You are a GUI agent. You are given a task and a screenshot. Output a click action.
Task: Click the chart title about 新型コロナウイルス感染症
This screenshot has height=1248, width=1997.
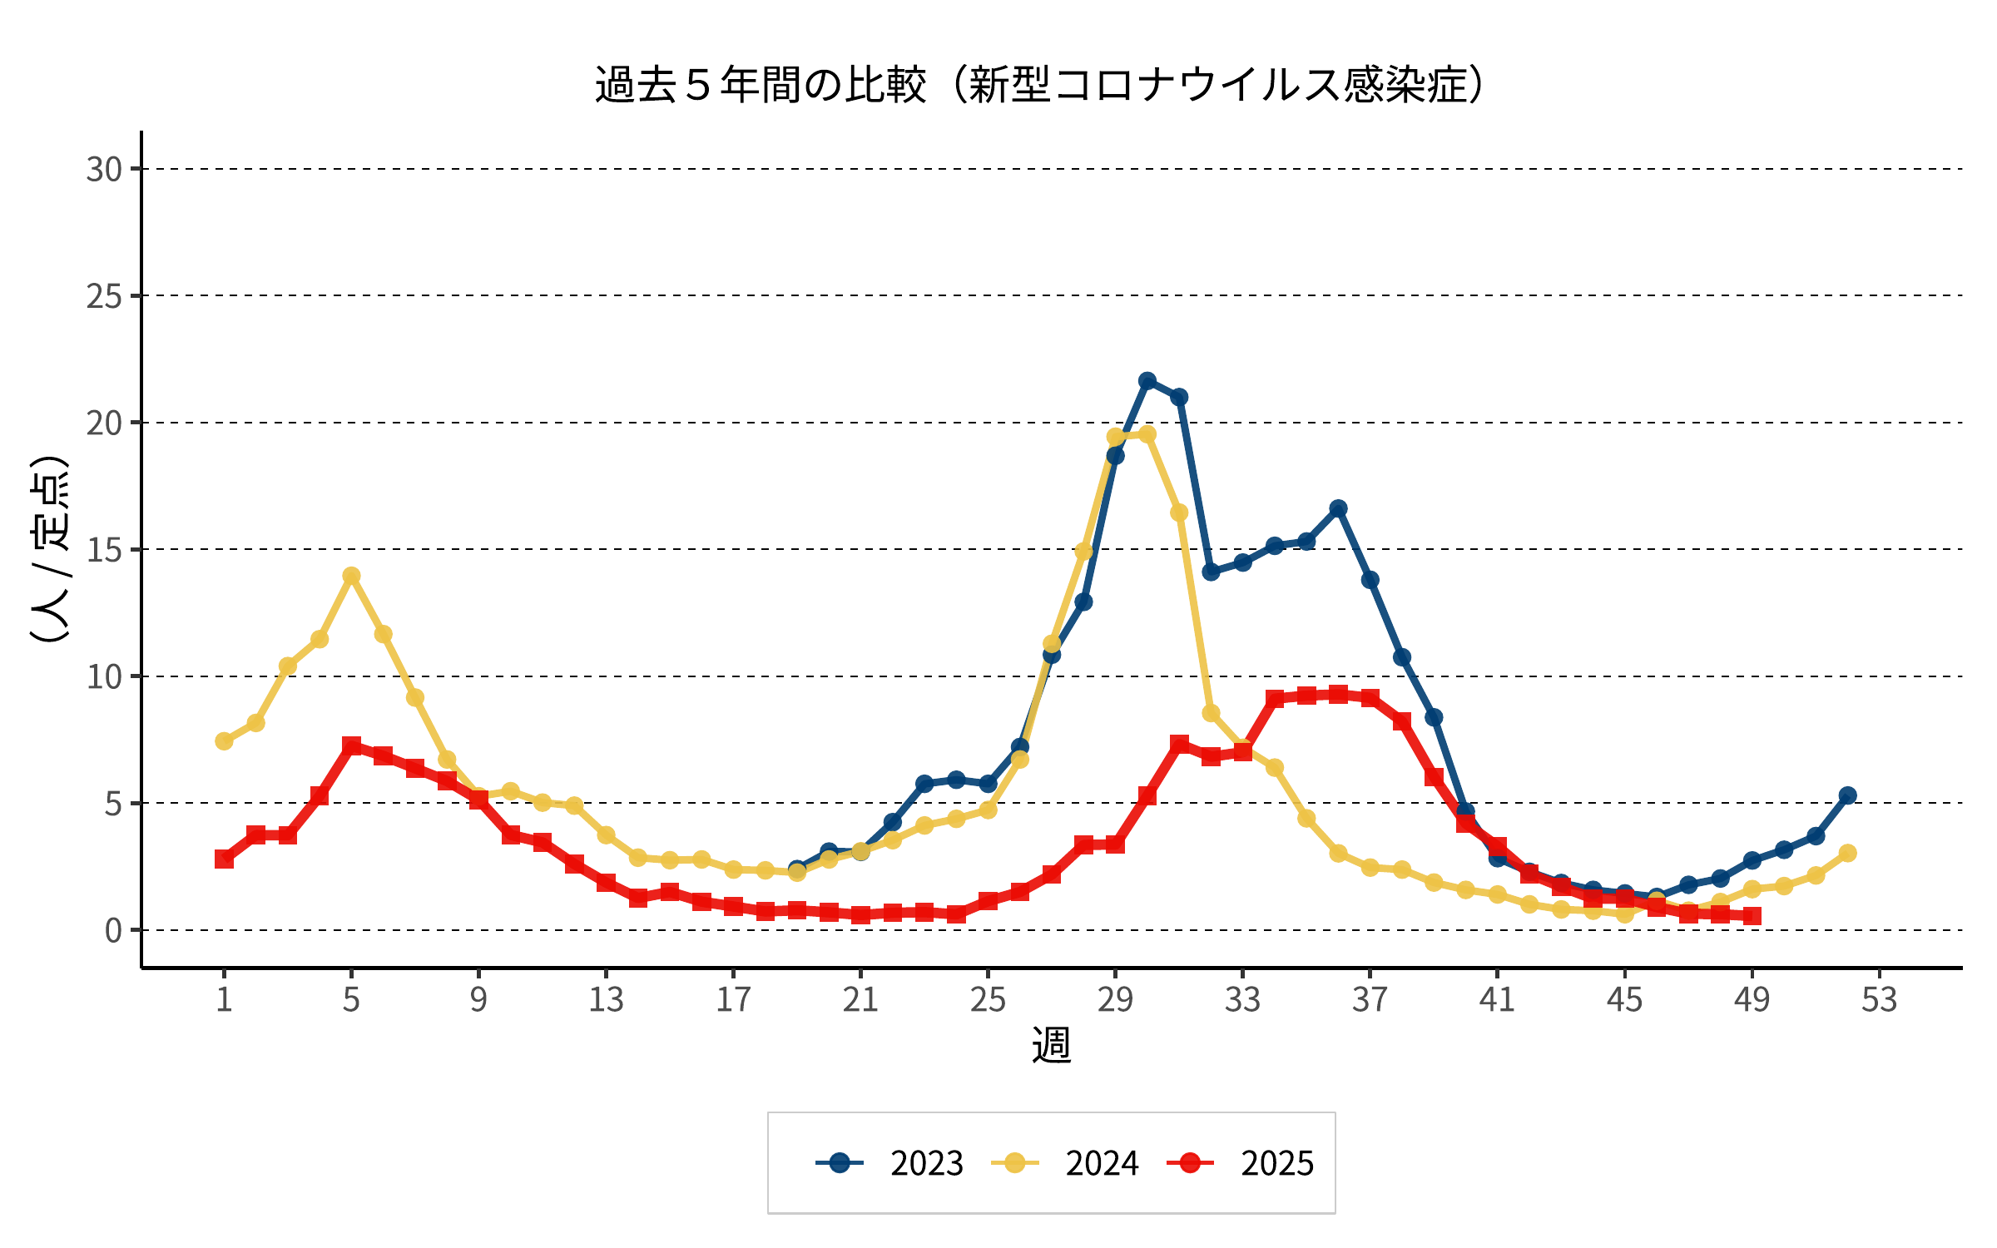click(x=1040, y=85)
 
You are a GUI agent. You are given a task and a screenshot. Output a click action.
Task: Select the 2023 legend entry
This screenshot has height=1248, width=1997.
click(x=889, y=1163)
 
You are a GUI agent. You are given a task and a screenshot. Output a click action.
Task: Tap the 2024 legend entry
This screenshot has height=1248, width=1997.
click(x=1065, y=1163)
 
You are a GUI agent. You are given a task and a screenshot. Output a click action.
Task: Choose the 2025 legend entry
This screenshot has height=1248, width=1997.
click(x=1241, y=1163)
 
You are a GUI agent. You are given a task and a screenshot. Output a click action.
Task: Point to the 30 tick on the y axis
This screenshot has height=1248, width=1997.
click(x=104, y=170)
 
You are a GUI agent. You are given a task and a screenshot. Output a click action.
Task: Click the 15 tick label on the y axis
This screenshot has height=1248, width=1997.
click(x=104, y=550)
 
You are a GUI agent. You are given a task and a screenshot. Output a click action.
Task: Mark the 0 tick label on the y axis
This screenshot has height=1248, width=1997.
click(x=113, y=930)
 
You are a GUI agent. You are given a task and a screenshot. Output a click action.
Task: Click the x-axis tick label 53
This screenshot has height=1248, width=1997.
click(x=1879, y=999)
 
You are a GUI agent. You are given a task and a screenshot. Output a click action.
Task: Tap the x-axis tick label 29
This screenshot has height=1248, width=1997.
click(x=1115, y=999)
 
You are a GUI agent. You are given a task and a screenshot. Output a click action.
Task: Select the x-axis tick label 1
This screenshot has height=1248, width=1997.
click(x=224, y=999)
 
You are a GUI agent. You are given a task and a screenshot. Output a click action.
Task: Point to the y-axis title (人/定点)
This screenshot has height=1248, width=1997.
click(x=48, y=549)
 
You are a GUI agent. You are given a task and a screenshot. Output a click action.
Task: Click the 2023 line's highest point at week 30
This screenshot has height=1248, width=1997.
click(x=1147, y=381)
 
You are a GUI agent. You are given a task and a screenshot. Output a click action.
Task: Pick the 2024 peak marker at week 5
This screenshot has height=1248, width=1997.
click(x=351, y=576)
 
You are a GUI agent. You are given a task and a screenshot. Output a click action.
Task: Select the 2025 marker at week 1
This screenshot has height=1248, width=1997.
click(x=224, y=859)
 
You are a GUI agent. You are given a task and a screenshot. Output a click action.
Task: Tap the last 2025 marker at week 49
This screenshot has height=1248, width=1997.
click(x=1752, y=916)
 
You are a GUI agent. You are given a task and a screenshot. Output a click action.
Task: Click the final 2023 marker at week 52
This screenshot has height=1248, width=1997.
click(x=1847, y=795)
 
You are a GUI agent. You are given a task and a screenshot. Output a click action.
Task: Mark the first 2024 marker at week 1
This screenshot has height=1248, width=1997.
click(x=224, y=740)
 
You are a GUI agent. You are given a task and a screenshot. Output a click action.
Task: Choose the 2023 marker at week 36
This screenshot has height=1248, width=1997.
click(x=1338, y=508)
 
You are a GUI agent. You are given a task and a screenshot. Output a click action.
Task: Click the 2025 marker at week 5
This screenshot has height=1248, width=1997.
click(x=351, y=745)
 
